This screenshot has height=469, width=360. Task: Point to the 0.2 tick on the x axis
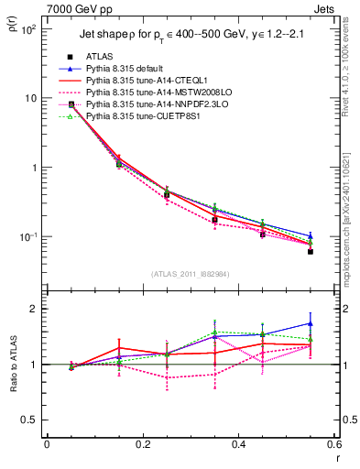click(x=142, y=443)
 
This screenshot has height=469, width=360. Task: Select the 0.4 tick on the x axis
click(x=238, y=443)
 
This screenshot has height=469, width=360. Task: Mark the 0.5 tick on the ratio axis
click(x=31, y=420)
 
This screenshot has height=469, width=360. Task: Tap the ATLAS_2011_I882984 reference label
click(x=190, y=274)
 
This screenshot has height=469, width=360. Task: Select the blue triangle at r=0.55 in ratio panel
click(x=311, y=323)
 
